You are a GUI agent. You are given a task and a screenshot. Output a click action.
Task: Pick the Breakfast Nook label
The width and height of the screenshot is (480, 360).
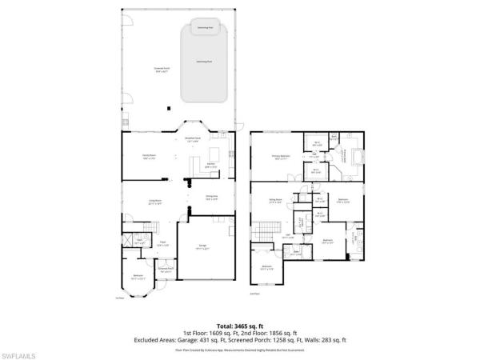click(192, 140)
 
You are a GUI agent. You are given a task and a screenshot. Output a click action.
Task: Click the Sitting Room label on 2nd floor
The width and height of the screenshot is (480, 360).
click(274, 202)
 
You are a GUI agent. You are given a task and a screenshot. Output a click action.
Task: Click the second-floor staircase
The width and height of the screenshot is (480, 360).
click(259, 232)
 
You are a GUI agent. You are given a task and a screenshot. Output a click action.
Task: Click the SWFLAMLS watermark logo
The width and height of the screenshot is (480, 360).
click(24, 350)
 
